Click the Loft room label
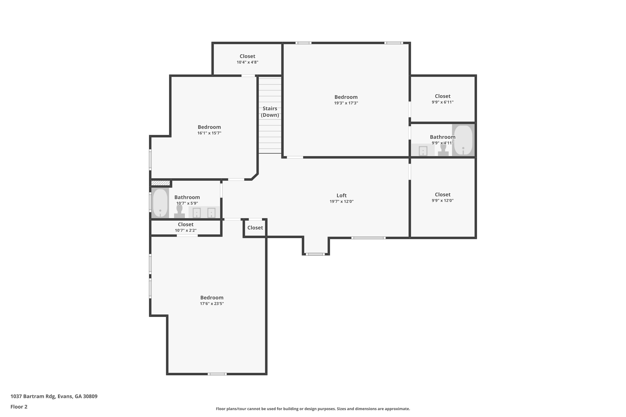341,196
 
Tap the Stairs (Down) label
270,112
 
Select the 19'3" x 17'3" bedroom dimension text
346,103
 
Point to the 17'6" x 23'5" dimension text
212,304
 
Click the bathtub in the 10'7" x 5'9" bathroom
160,203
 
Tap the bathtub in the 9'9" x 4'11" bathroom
463,140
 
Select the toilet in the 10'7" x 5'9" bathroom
179,211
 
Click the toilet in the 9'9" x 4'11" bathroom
443,150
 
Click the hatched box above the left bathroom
160,183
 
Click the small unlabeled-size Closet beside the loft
255,228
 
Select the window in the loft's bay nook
315,254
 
